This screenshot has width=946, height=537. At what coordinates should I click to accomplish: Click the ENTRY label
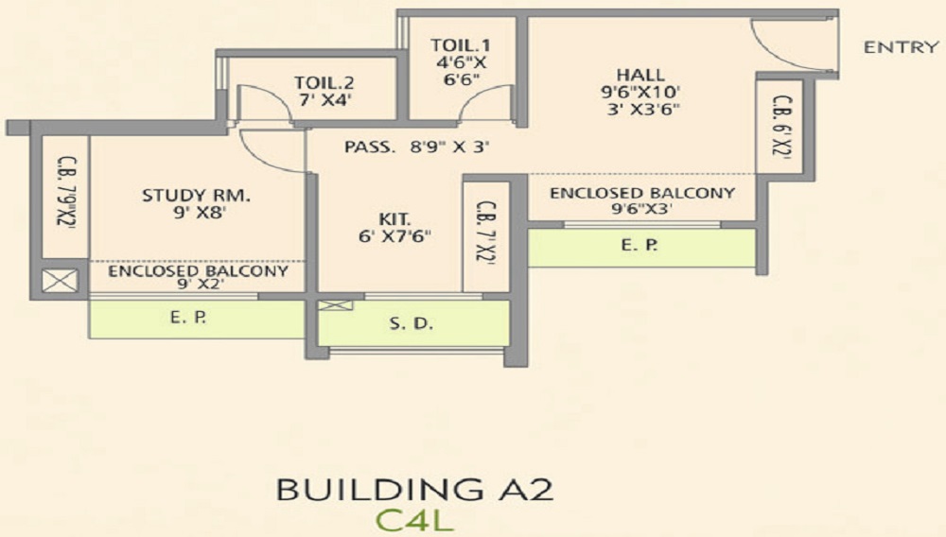[x=901, y=47]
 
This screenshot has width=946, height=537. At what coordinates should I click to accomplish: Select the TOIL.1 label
[x=460, y=45]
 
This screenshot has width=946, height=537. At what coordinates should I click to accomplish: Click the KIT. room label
[x=388, y=218]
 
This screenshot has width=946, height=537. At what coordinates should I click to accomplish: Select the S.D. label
[x=412, y=324]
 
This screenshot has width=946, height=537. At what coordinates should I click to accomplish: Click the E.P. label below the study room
[x=184, y=319]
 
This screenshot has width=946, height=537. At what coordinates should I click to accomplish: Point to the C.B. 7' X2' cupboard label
[x=485, y=233]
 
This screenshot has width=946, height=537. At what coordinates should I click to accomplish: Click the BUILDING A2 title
[x=414, y=491]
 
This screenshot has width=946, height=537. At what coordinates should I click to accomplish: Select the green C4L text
[x=413, y=519]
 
